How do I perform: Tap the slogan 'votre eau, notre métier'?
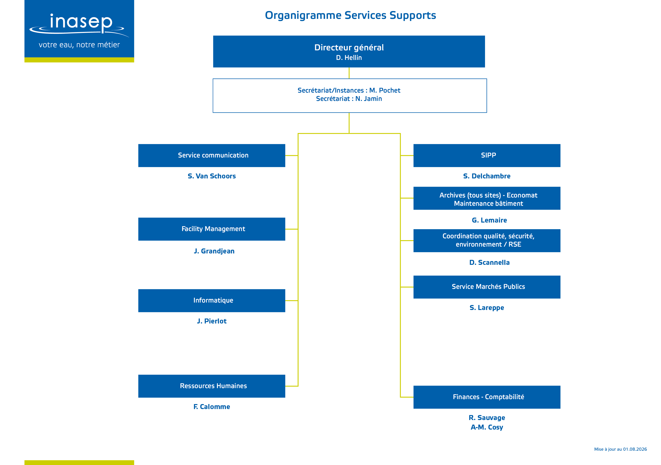coord(79,45)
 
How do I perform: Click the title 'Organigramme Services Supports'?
coord(350,15)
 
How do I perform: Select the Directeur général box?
coord(349,52)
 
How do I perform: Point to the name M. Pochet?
coord(385,90)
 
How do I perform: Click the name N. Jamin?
coord(369,99)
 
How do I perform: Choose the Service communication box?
coord(212,155)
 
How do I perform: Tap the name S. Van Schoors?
coord(212,176)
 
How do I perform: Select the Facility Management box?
coord(212,229)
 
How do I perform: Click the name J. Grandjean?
coord(214,251)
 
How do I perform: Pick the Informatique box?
coord(212,301)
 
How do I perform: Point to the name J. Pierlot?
coord(212,321)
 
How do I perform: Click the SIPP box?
coord(487,155)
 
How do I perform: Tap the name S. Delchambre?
coord(487,176)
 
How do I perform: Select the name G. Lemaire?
coord(489,220)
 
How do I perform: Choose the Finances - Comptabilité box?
coord(487,397)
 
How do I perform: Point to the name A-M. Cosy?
coord(487,427)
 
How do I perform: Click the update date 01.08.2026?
coord(635,449)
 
